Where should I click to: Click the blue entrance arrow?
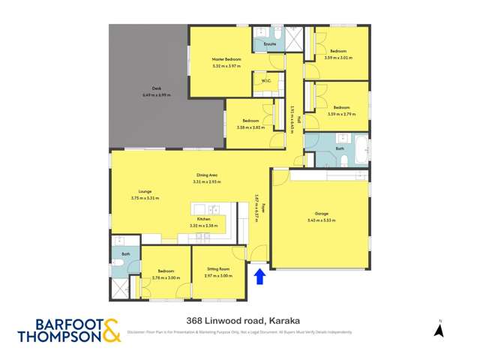tap(259, 277)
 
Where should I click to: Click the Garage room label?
tap(321, 214)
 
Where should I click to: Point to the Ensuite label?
tap(270, 44)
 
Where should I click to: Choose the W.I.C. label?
tap(266, 81)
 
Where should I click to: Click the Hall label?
tap(298, 119)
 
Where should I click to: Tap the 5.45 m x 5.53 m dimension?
tap(321, 220)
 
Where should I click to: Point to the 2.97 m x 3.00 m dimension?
tap(218, 275)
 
